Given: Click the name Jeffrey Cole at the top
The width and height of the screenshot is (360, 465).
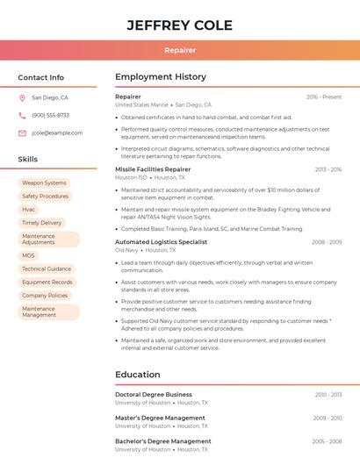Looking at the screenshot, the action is (179, 25).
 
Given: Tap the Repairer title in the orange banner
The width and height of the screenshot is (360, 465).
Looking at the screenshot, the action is (179, 50).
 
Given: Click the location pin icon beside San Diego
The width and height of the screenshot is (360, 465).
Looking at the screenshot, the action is (22, 98).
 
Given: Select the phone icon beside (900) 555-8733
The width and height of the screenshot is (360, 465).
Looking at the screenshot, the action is (22, 115).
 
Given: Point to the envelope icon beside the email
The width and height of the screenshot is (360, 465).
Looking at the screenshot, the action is (22, 132).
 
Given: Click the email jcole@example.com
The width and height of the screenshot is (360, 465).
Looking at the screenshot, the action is (57, 132).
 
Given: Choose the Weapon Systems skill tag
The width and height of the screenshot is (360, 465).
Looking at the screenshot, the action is (44, 183).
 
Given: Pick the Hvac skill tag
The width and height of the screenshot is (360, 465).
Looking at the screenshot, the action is (29, 210).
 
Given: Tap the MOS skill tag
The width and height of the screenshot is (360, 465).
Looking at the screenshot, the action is (29, 255).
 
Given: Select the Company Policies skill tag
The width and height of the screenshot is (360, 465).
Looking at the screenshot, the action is (45, 296).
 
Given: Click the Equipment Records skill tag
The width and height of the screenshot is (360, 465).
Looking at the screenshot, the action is (47, 283).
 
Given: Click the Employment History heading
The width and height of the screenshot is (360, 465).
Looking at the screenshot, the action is (161, 77).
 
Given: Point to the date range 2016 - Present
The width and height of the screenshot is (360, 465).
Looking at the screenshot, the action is (324, 97).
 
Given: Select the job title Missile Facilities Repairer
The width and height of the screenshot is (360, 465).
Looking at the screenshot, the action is (153, 168).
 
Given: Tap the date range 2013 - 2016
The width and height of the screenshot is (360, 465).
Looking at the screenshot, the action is (328, 169).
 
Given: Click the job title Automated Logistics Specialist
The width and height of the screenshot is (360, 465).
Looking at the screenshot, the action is (161, 241).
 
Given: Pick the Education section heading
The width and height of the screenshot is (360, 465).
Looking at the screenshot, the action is (137, 375).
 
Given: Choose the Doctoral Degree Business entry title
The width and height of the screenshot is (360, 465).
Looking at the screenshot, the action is (154, 395).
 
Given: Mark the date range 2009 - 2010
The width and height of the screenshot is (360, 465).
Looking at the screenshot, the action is (328, 418).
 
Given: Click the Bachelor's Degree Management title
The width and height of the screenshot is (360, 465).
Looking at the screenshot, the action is (163, 441).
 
